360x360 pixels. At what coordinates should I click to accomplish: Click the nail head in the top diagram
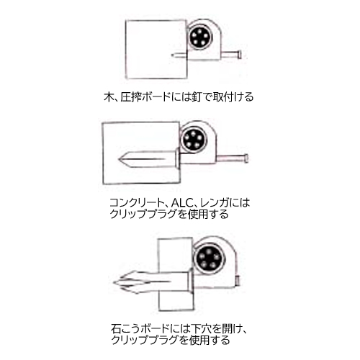tap(239, 55)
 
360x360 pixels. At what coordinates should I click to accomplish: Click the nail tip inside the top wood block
tap(173, 55)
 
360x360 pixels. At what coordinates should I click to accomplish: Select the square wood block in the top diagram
tap(156, 50)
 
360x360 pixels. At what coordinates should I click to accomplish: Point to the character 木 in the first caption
tap(108, 97)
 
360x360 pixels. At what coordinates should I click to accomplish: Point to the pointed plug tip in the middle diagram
tap(120, 159)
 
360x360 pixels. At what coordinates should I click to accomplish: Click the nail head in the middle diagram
tap(246, 158)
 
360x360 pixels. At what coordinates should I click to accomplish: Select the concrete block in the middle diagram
tap(142, 153)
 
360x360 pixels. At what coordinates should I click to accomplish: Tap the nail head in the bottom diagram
tap(238, 281)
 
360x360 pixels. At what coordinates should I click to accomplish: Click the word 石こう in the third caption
tap(125, 328)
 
